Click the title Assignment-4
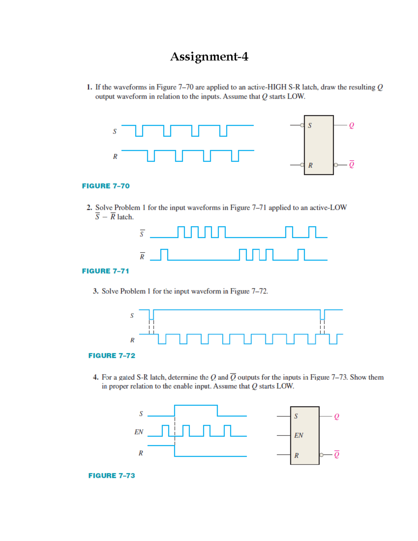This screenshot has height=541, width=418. pos(209,56)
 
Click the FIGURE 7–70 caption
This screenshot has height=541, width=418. pos(106,186)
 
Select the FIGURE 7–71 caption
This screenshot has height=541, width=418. pos(105,271)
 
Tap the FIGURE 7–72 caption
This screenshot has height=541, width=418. pos(111,356)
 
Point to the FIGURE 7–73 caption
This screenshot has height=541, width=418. pos(111,476)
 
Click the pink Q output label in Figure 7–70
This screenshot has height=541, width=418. pos(351,125)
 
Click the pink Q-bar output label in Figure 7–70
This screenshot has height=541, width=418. pos(351,164)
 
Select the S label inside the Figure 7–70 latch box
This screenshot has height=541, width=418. pos(310,125)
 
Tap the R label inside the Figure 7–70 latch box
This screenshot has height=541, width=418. pos(310,165)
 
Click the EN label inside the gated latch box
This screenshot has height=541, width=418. pos(299,435)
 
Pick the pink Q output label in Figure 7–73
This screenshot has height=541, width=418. pos(336,417)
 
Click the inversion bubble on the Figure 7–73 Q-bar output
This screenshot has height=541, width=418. pos(321,455)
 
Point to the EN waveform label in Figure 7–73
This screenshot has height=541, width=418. pos(139,432)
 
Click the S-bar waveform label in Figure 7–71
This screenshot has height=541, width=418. pos(142,234)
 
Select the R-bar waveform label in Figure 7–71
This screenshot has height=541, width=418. pos(142,257)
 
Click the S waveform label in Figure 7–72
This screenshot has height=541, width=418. pos(132,316)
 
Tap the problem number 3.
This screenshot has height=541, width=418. pos(95,291)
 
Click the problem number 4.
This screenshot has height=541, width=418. pos(95,377)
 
